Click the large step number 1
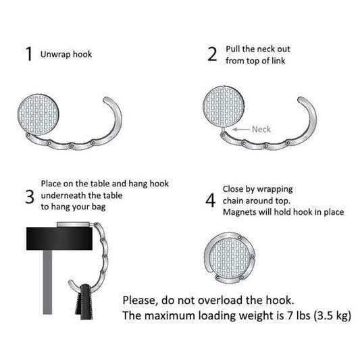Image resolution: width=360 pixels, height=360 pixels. click(28, 54)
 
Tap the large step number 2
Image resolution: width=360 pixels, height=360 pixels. click(212, 54)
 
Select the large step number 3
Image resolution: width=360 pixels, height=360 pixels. click(30, 197)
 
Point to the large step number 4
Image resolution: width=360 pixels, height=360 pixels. click(210, 200)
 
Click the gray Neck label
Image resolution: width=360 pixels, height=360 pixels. click(261, 129)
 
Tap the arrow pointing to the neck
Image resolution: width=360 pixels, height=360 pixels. click(241, 130)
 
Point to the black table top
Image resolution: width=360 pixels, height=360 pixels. click(59, 238)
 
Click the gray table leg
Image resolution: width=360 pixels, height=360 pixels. click(47, 282)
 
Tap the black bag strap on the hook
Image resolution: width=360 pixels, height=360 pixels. click(85, 302)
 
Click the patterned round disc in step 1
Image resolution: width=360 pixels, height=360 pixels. click(38, 115)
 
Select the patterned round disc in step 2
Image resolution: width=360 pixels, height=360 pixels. click(224, 107)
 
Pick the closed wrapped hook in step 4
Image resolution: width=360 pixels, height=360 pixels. click(230, 257)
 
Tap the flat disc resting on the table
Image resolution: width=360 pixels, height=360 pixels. click(74, 224)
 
